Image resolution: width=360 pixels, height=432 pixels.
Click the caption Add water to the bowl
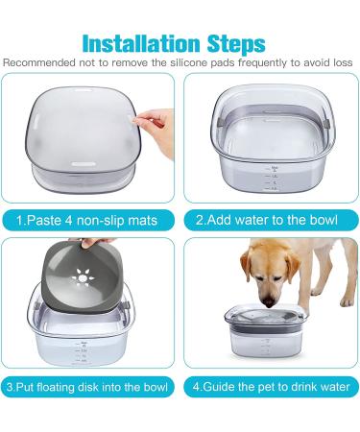(267, 220)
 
